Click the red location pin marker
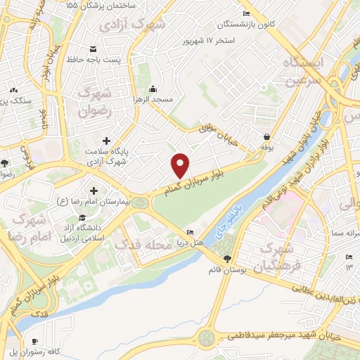tap(181, 165)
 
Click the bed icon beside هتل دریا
tap(189, 233)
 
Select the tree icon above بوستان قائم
tap(225, 259)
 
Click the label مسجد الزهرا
tap(153, 101)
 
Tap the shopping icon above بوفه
tap(266, 137)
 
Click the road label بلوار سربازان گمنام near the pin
tap(204, 176)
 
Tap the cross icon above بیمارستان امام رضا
tap(94, 191)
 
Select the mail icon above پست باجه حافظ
tap(93, 49)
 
